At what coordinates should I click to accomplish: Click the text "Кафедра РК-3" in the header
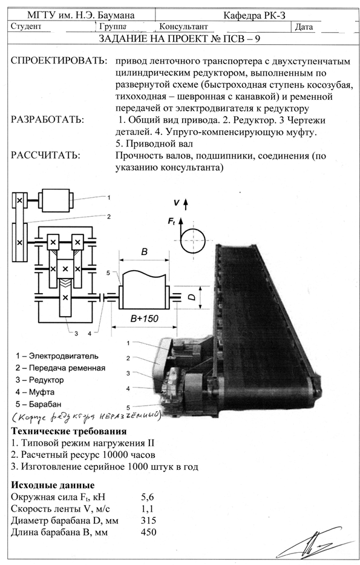point(254,15)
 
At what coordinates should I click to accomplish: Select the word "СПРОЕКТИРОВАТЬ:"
point(59,61)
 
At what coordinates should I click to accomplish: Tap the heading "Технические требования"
point(69,431)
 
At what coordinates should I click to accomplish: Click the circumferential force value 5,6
point(148,497)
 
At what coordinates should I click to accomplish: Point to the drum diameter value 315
point(149,520)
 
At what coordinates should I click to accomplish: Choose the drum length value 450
point(149,532)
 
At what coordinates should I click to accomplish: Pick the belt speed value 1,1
point(147,509)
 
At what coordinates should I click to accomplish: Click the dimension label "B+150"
point(145,319)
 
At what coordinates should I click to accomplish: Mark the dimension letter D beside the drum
point(192,297)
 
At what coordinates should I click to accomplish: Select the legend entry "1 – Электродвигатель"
point(57,356)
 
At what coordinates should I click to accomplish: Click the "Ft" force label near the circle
point(172,221)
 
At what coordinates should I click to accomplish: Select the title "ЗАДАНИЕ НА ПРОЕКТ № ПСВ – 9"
point(179,39)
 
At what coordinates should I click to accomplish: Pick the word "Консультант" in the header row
point(183,27)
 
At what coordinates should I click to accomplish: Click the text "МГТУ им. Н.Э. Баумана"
point(81,15)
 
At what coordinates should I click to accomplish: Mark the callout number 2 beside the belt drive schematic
point(108,217)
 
